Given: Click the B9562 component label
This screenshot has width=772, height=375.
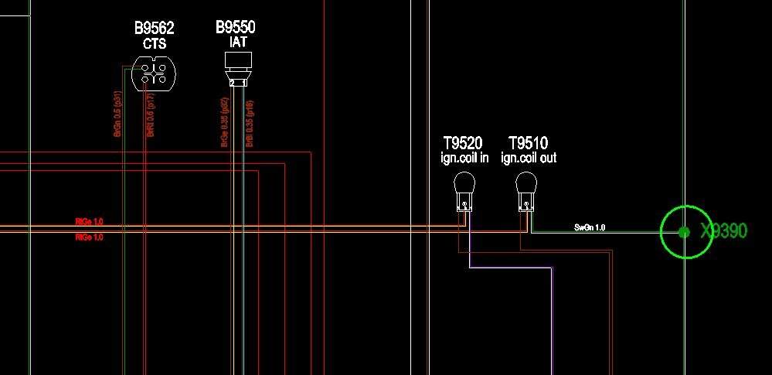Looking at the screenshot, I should pyautogui.click(x=154, y=29).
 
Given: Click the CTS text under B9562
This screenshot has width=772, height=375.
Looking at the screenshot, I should pyautogui.click(x=155, y=44).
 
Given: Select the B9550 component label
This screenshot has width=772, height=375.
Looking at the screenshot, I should pyautogui.click(x=235, y=28).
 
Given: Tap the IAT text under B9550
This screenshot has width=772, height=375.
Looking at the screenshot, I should pyautogui.click(x=238, y=43).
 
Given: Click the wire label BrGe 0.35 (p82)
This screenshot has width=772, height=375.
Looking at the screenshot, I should pyautogui.click(x=224, y=122).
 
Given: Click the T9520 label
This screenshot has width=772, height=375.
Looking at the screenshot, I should pyautogui.click(x=462, y=143).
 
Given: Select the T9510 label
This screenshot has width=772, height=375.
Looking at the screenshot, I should pyautogui.click(x=528, y=143).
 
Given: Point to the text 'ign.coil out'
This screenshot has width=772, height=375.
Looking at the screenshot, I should pyautogui.click(x=529, y=158).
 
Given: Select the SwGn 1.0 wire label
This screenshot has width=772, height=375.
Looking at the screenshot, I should pyautogui.click(x=590, y=227).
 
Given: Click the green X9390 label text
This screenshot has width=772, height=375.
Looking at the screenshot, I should pyautogui.click(x=724, y=230).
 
